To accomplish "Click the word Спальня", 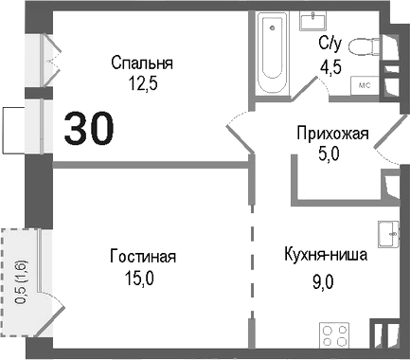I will [x=142, y=63].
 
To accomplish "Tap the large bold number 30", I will [x=91, y=128].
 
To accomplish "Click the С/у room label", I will [x=330, y=43].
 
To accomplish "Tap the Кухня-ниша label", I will [x=325, y=256].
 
